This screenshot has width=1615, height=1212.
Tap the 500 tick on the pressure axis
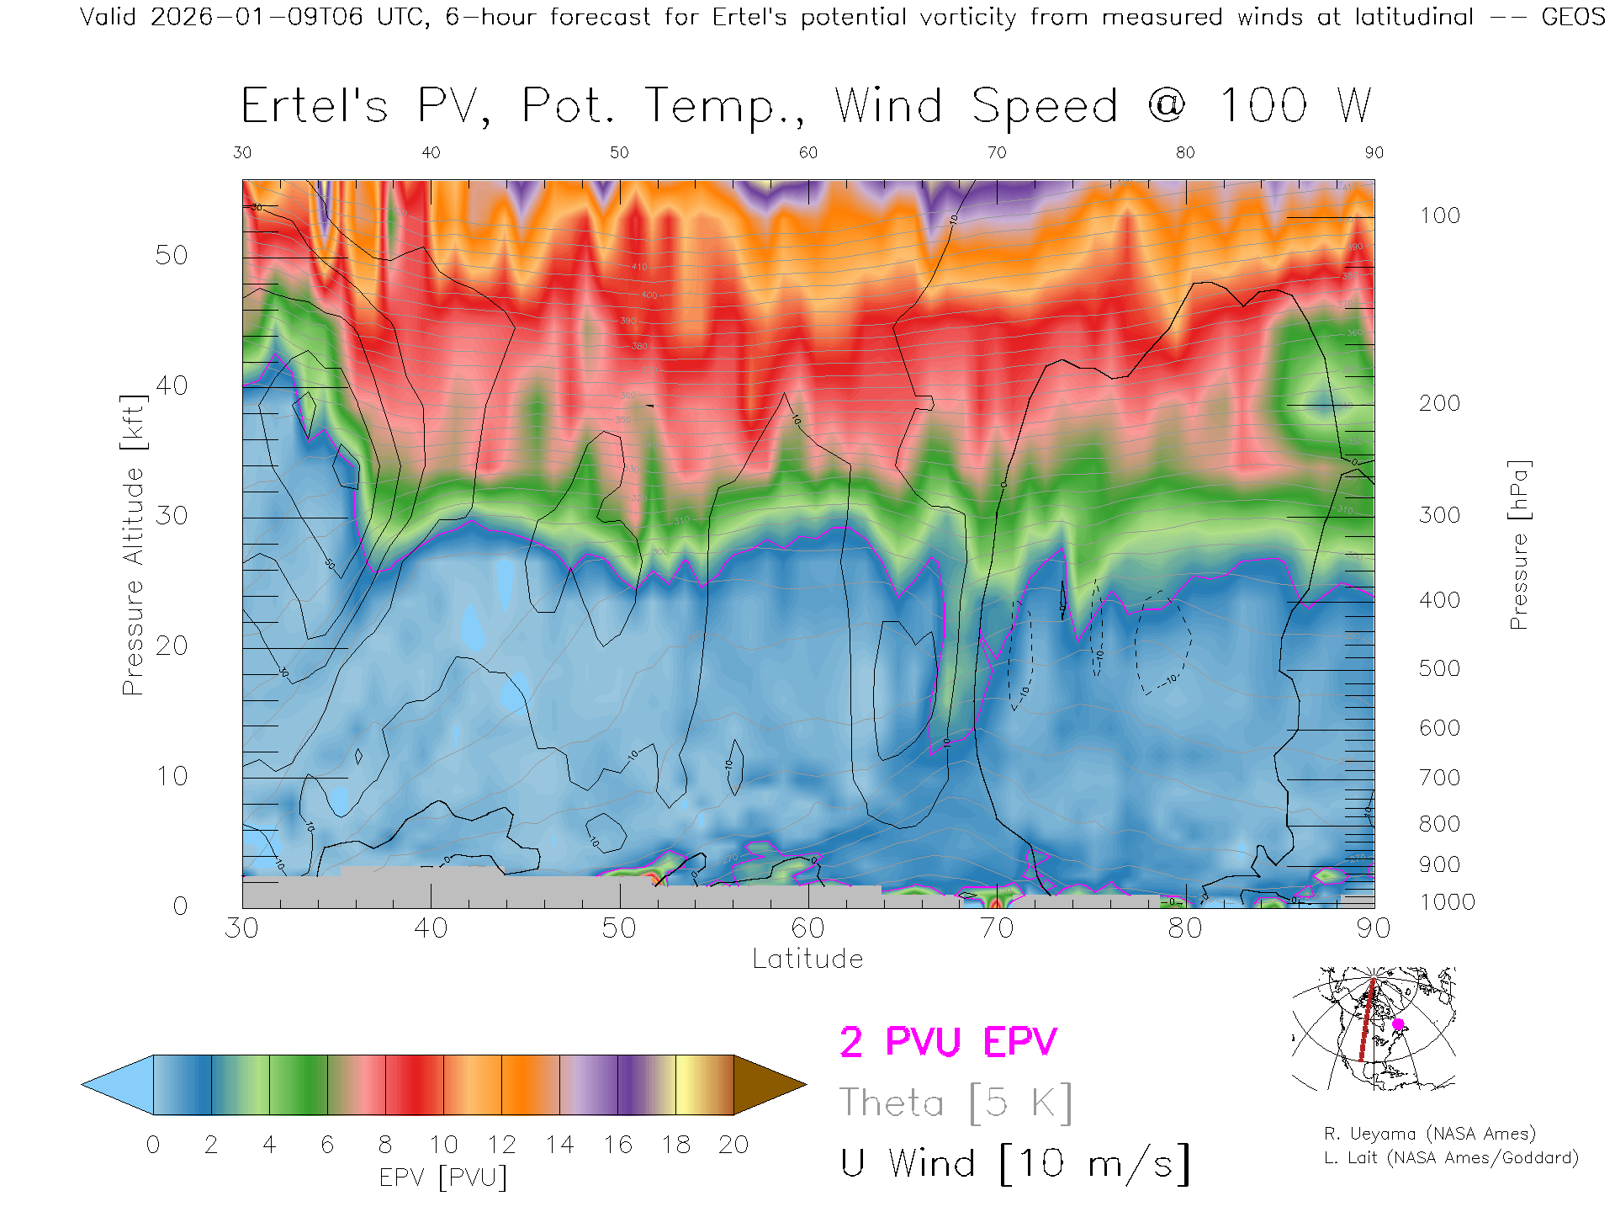click(1439, 668)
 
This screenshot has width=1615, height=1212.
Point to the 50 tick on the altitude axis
click(172, 255)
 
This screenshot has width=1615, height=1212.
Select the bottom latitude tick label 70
click(996, 928)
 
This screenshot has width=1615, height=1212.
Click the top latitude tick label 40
click(431, 152)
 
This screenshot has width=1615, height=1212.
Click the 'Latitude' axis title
click(807, 959)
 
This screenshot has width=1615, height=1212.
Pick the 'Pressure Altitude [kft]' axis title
click(133, 545)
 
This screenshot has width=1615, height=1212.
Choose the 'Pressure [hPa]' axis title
click(1518, 545)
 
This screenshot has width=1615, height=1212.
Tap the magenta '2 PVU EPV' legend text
click(948, 1042)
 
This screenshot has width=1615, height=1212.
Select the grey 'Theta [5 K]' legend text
click(956, 1103)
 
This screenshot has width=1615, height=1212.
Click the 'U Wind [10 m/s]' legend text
click(1015, 1164)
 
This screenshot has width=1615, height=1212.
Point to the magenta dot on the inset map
click(1398, 1024)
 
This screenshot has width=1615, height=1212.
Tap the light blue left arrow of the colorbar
click(119, 1085)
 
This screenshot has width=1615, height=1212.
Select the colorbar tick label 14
click(559, 1145)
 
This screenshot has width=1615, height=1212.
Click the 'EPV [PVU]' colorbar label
click(443, 1177)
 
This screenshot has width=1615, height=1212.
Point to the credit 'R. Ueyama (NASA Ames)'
click(1429, 1134)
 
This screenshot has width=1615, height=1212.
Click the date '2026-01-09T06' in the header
click(257, 17)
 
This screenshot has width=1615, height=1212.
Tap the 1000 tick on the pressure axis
click(1447, 902)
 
